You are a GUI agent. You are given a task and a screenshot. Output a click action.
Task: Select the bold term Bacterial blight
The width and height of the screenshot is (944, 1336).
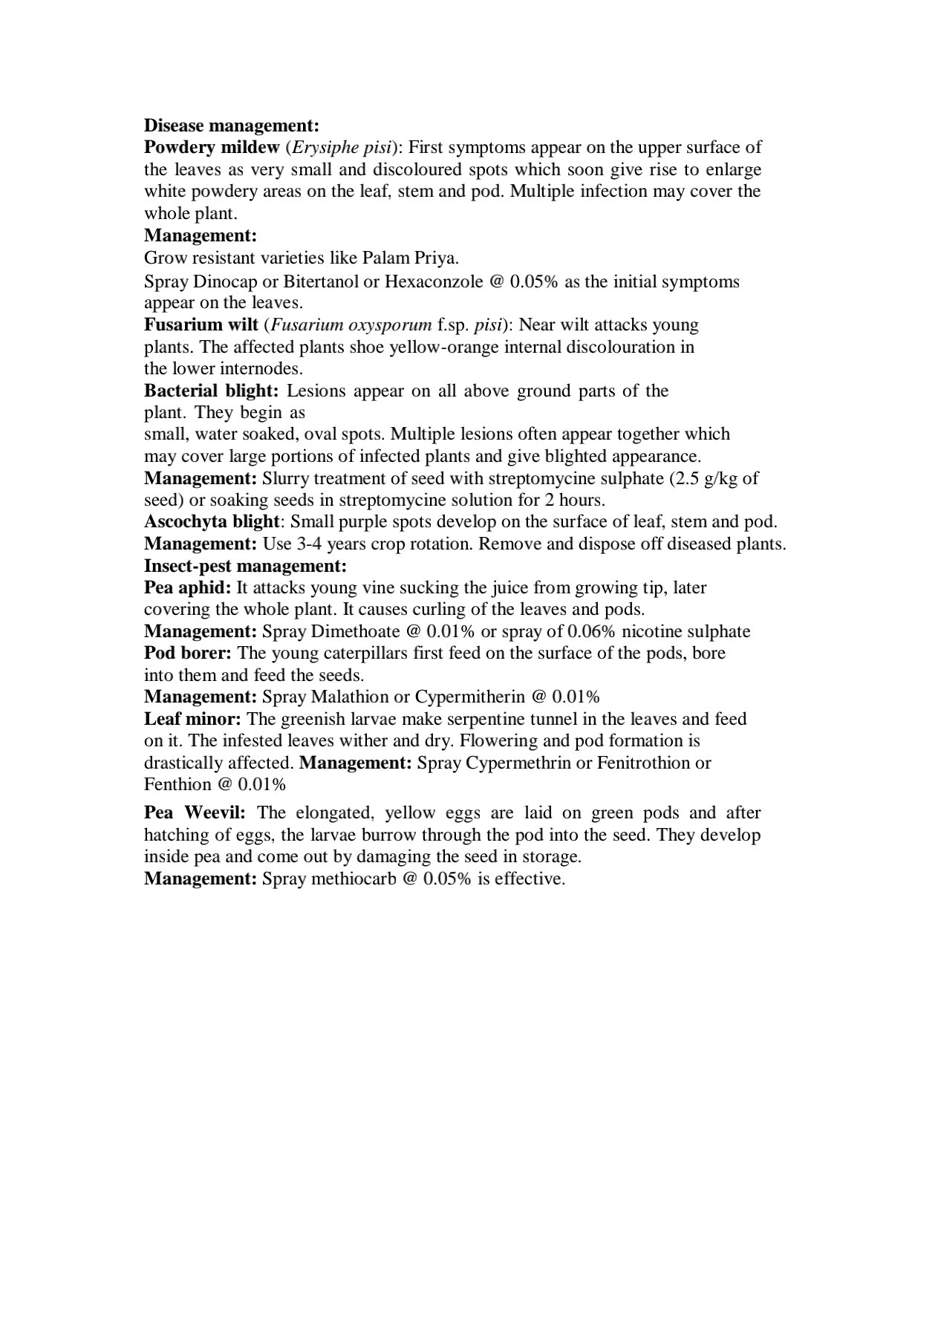pos(211,391)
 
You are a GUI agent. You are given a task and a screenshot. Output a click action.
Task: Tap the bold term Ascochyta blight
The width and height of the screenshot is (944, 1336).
pos(212,522)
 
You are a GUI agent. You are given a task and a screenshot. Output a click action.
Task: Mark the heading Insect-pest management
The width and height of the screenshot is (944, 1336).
pos(245,566)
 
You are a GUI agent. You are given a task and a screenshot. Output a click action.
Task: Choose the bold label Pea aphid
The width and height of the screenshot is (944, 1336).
pos(188,588)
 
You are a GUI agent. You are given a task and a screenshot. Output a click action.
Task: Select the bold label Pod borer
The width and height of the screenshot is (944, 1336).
pos(188,654)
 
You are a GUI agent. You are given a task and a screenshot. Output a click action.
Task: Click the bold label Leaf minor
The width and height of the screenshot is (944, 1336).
pos(192,719)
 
